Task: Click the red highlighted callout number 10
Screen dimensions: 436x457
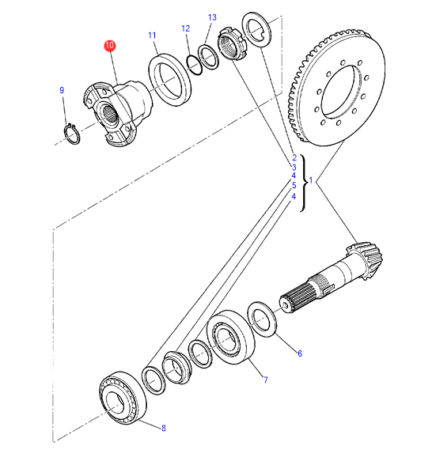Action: pyautogui.click(x=109, y=46)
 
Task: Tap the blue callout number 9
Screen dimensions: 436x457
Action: pyautogui.click(x=62, y=90)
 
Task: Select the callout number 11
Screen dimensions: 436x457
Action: pyautogui.click(x=152, y=36)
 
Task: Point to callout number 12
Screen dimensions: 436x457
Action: pyautogui.click(x=185, y=28)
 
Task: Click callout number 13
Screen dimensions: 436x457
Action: pyautogui.click(x=212, y=17)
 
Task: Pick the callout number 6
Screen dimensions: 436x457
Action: pyautogui.click(x=300, y=353)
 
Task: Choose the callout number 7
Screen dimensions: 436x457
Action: pyautogui.click(x=265, y=380)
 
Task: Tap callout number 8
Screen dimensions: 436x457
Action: pyautogui.click(x=164, y=429)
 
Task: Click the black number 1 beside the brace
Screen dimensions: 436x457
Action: pyautogui.click(x=311, y=181)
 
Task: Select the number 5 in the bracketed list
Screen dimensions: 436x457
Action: pyautogui.click(x=294, y=185)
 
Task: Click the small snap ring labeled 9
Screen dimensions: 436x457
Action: pyautogui.click(x=72, y=134)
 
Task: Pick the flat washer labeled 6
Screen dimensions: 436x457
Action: pyautogui.click(x=262, y=319)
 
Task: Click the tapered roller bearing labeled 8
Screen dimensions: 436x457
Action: pyautogui.click(x=123, y=398)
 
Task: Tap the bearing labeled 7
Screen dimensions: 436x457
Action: pyautogui.click(x=230, y=337)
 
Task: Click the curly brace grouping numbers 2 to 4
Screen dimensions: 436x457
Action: pyautogui.click(x=304, y=183)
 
